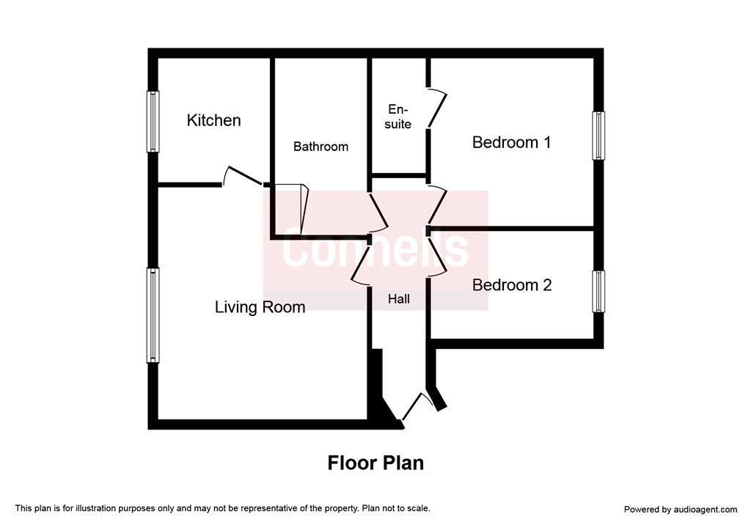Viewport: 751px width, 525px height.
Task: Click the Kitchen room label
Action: (213, 120)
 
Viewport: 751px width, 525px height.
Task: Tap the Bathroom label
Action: (320, 147)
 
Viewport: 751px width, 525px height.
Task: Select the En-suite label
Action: (398, 117)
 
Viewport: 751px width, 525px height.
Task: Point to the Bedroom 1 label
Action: (511, 142)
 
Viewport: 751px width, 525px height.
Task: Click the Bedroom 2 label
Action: (511, 285)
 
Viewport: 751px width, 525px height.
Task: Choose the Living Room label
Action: (260, 307)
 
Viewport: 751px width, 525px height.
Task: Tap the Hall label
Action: (398, 299)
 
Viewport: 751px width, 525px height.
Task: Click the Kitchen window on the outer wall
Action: (153, 122)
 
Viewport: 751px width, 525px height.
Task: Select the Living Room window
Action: (153, 315)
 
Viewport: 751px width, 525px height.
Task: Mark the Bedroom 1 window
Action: (598, 136)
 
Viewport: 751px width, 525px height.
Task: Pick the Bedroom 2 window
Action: (598, 291)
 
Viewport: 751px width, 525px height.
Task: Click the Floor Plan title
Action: (375, 463)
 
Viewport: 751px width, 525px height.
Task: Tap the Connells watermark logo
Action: (375, 250)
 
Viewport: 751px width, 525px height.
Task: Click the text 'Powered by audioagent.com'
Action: (681, 510)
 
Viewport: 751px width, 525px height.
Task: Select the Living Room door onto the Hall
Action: (361, 266)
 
